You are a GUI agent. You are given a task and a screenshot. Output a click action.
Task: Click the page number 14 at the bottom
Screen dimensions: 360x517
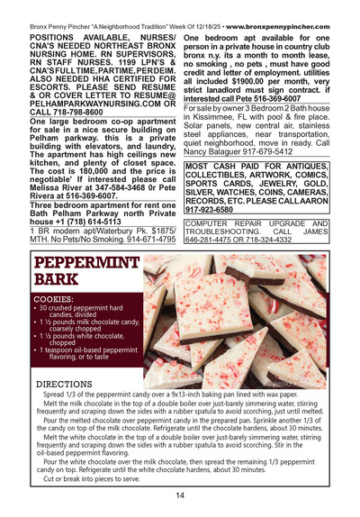(x=180, y=494)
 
